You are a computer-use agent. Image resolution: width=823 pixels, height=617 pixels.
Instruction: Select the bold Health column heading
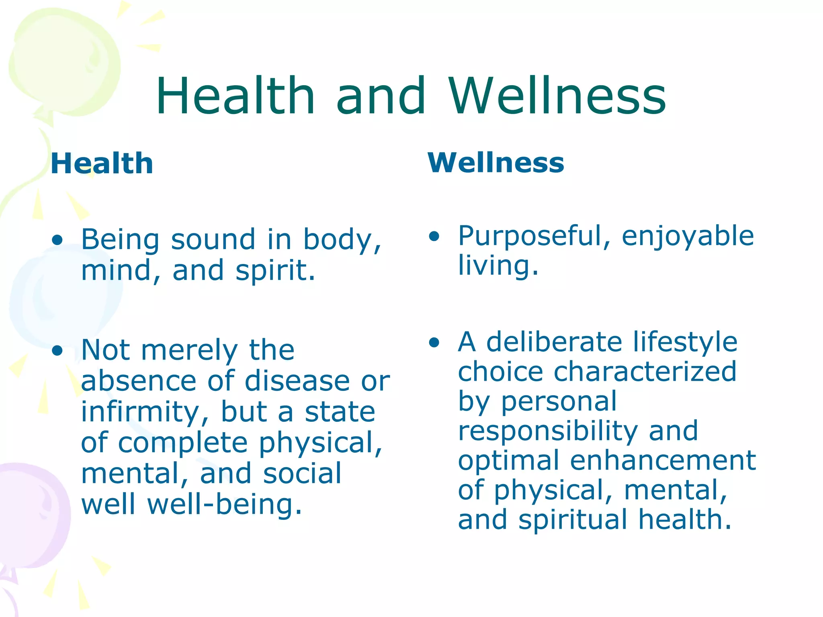coord(102,163)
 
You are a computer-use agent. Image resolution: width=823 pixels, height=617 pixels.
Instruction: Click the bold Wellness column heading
coord(496,163)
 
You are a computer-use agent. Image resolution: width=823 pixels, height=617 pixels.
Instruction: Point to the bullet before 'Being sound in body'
coord(57,240)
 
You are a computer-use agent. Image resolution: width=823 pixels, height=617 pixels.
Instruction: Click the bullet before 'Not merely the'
coord(57,351)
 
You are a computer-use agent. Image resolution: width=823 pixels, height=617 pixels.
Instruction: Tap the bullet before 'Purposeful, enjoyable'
coord(434,236)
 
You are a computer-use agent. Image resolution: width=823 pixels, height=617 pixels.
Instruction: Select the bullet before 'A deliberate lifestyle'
coord(434,343)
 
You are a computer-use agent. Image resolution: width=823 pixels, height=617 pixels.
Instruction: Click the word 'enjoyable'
coord(688,236)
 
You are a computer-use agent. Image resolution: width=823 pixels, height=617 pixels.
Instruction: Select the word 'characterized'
coord(645,371)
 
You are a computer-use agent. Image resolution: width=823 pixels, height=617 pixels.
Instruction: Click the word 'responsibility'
coord(548,431)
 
